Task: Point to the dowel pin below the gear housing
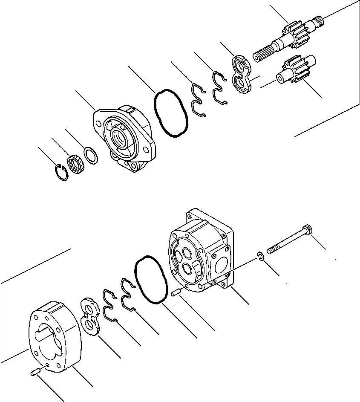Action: point(35,373)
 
